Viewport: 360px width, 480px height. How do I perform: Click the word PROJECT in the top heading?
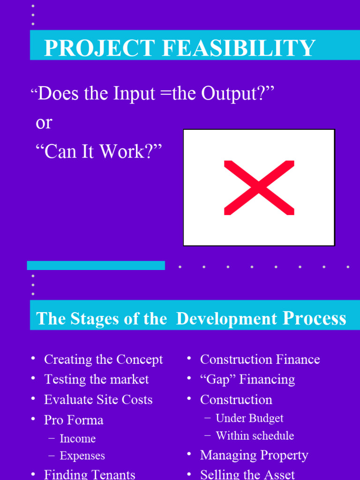[99, 48]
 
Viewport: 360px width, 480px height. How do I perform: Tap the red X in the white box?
[259, 187]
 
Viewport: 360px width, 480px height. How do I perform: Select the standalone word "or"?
[44, 123]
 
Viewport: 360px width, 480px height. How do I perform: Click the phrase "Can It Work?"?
[98, 151]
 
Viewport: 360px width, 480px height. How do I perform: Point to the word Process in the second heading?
[314, 318]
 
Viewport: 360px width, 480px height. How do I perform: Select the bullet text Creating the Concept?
[103, 360]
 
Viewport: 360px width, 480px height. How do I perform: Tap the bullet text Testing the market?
[96, 379]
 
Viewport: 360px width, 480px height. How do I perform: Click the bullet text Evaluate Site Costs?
[98, 400]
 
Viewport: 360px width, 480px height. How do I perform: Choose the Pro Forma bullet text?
[74, 420]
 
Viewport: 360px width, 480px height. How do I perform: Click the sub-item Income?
[77, 439]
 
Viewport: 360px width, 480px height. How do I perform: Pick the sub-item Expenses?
[82, 456]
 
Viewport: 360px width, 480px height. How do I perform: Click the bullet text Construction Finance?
[260, 360]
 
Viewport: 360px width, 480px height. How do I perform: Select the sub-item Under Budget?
[249, 418]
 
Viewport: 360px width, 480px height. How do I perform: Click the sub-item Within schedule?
[255, 436]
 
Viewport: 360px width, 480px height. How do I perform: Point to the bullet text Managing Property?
[254, 455]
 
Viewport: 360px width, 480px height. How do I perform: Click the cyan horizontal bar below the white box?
[96, 266]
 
